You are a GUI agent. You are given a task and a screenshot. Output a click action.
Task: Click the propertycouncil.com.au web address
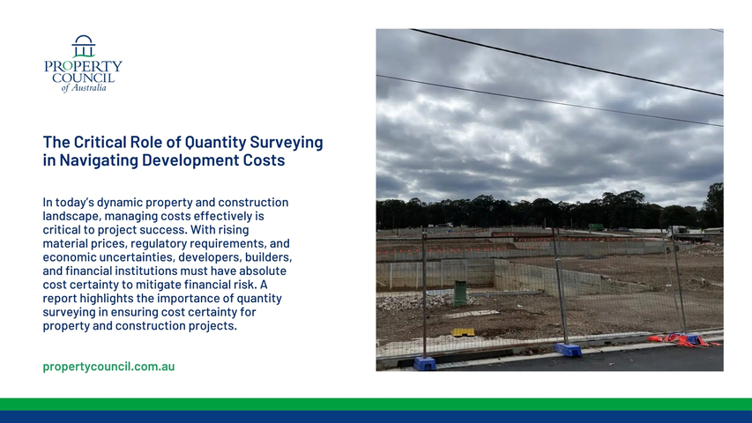pos(108,367)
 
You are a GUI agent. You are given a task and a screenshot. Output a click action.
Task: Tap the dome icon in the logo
pos(84,46)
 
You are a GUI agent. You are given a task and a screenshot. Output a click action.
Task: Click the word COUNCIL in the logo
pos(84,78)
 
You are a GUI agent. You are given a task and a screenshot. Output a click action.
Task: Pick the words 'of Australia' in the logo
pos(84,88)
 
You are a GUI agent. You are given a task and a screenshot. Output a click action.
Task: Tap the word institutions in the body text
pos(145,271)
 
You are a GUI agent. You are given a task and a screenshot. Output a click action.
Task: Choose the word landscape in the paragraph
pos(71,216)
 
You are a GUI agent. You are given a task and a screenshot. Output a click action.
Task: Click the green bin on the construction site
pos(460,293)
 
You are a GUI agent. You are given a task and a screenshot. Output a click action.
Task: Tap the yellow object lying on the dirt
pos(463,332)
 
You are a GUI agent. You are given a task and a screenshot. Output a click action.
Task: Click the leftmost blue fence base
pos(425,363)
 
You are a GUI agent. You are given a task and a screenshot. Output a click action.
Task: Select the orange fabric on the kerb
pos(684,340)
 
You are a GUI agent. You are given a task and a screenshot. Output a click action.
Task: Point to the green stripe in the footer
pos(376,404)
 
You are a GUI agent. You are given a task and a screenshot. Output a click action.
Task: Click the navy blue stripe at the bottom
pos(376,417)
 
